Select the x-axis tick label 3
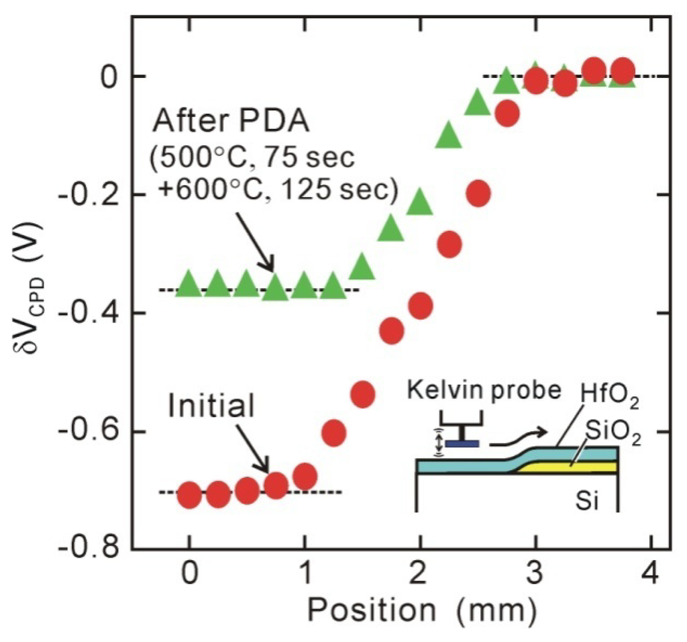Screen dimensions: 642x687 (x=535, y=576)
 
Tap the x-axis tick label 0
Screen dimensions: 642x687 (x=190, y=576)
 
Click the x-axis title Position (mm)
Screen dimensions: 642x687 (x=421, y=610)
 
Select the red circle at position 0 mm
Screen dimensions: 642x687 (x=190, y=496)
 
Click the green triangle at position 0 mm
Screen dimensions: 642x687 (x=190, y=282)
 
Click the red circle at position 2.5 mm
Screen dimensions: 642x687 (x=478, y=193)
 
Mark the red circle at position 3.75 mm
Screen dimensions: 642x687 (x=623, y=71)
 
